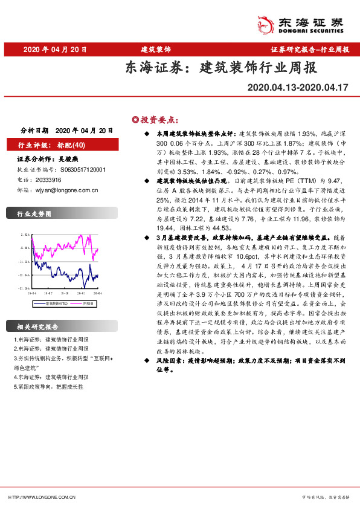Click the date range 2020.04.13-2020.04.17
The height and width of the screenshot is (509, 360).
pyautogui.click(x=298, y=88)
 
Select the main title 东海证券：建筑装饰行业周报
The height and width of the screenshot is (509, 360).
pyautogui.click(x=220, y=68)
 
